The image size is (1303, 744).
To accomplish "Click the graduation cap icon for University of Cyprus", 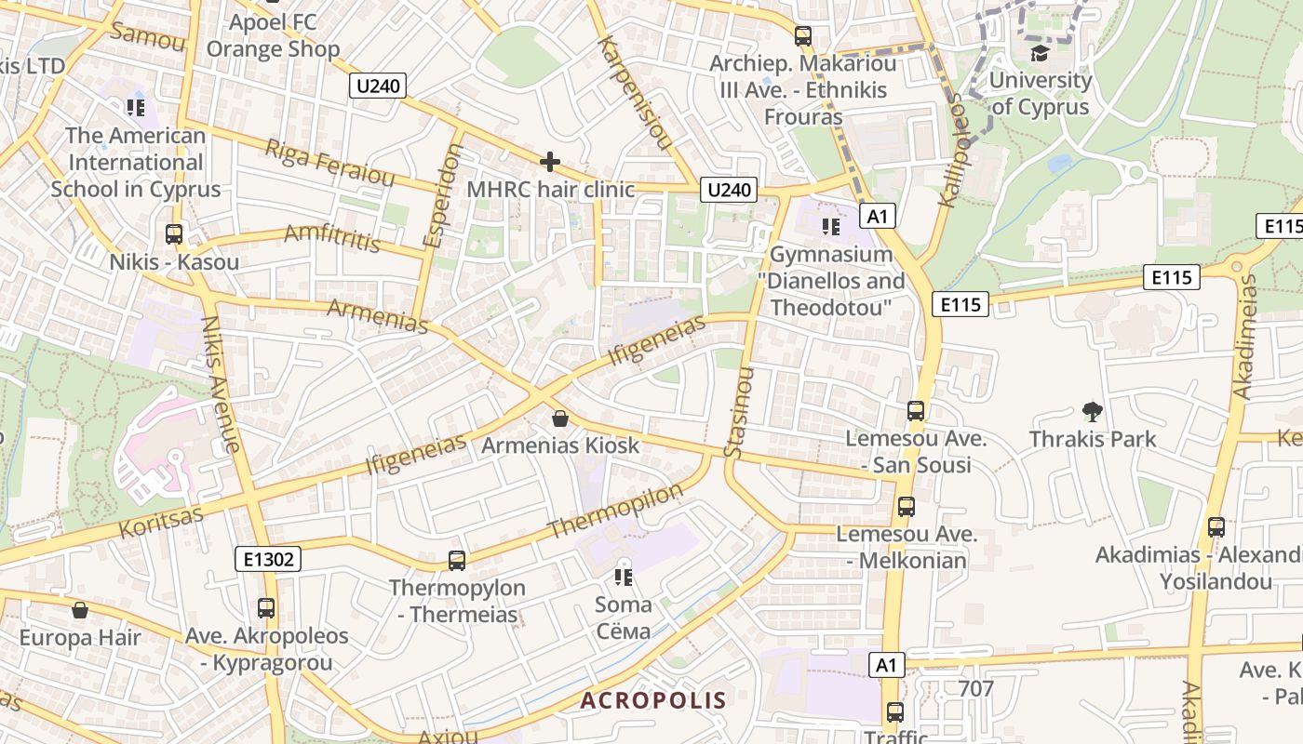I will [x=1040, y=53].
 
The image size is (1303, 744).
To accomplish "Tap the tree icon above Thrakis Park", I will [x=1093, y=411].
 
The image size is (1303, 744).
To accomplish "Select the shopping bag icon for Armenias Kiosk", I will [x=560, y=419].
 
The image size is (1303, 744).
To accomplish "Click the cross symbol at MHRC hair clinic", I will [x=550, y=163].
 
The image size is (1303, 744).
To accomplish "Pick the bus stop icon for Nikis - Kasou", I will [x=174, y=234].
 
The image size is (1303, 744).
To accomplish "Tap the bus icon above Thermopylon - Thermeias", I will [x=456, y=561].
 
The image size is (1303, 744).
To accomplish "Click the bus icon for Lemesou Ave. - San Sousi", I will [x=916, y=411].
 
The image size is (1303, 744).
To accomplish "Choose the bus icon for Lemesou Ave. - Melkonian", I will [x=906, y=507].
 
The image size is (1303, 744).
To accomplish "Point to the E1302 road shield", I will [x=267, y=559].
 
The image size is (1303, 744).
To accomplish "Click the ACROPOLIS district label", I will [x=653, y=700].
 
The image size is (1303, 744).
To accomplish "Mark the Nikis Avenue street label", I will [x=222, y=383].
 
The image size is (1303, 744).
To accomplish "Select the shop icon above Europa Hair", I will [x=80, y=611].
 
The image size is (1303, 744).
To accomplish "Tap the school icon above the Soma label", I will [x=624, y=578].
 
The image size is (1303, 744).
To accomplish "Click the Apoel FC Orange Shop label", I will [x=273, y=35].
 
